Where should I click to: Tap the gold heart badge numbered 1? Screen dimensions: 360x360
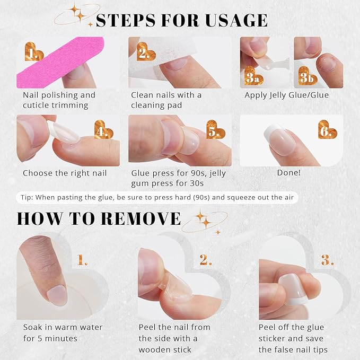(x=34, y=52)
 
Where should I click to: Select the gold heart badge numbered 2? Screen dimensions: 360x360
(x=143, y=52)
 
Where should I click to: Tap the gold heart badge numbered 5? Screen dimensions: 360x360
(x=214, y=131)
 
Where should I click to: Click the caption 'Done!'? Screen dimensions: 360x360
(x=289, y=173)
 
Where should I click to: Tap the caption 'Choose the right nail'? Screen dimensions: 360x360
(x=65, y=173)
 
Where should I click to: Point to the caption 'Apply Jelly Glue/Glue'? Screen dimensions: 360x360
(x=286, y=95)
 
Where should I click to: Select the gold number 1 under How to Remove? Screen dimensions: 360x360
(x=83, y=260)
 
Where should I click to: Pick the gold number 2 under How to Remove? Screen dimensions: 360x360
(x=206, y=260)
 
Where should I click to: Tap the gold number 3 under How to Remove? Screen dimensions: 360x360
(x=327, y=260)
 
